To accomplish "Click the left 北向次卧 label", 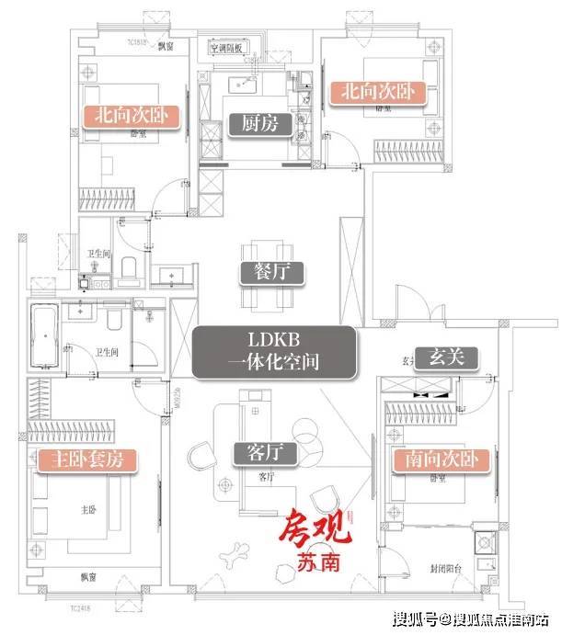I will click(x=131, y=116).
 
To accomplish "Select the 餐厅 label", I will click(x=258, y=272).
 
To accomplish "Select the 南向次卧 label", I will click(x=438, y=459).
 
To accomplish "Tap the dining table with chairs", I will click(x=266, y=276).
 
